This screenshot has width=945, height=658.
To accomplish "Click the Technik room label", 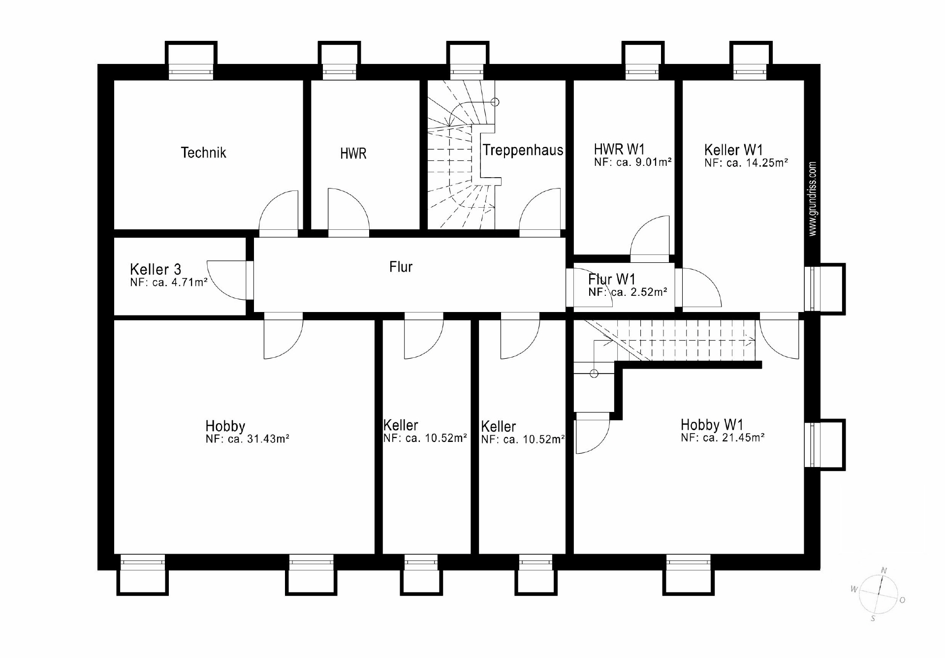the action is (x=203, y=153).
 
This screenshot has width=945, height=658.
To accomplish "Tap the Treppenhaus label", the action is (x=523, y=150).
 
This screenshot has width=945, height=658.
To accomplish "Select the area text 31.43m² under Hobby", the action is (x=268, y=439).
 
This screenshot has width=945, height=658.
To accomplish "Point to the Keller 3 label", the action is (x=156, y=269).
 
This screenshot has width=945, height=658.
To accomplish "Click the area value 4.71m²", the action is (x=187, y=282).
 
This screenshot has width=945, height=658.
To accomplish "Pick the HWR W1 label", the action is (x=619, y=149).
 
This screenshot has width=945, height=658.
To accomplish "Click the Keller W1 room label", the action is (x=733, y=150).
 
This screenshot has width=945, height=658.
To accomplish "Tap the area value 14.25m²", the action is (x=767, y=163).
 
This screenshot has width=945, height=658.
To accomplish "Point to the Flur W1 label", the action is (x=612, y=280).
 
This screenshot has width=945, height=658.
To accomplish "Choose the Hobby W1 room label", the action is (x=712, y=424).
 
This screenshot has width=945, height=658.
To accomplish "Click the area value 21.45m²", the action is (x=744, y=438).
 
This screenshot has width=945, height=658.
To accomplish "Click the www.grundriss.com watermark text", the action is (x=813, y=199).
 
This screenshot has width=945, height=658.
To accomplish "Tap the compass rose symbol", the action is (x=879, y=595).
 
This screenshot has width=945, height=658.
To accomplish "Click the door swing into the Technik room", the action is (x=279, y=210).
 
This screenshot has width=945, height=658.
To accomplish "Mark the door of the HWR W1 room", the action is (x=650, y=236).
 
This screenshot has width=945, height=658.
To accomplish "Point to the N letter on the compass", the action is (x=884, y=571).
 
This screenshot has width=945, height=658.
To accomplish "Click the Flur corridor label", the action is (x=401, y=267).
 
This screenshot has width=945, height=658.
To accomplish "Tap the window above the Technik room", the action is (x=191, y=72).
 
